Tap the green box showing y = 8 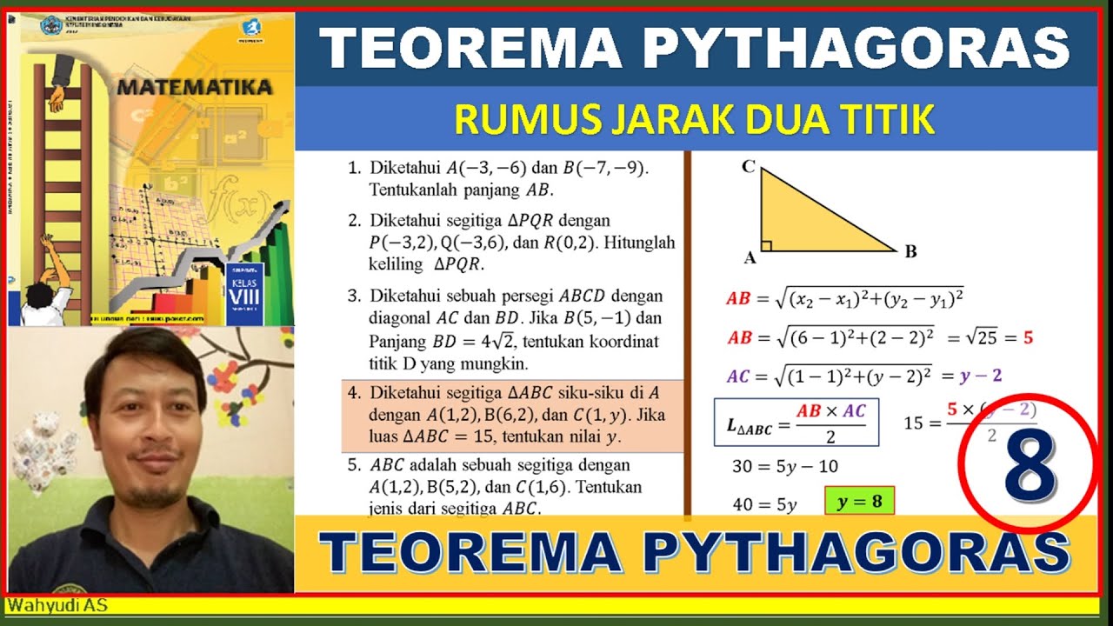pyautogui.click(x=859, y=503)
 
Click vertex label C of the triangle pyautogui.click(x=748, y=166)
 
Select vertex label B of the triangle pyautogui.click(x=910, y=252)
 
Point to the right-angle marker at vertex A pyautogui.click(x=767, y=245)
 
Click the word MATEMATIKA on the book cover pyautogui.click(x=194, y=87)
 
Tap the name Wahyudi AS pyautogui.click(x=57, y=604)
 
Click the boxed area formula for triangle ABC pyautogui.click(x=796, y=422)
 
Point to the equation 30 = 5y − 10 pyautogui.click(x=785, y=466)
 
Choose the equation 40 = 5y pyautogui.click(x=765, y=503)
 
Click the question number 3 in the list pyautogui.click(x=354, y=295)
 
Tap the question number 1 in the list pyautogui.click(x=354, y=168)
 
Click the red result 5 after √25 pyautogui.click(x=1029, y=337)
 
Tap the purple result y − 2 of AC pyautogui.click(x=981, y=376)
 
